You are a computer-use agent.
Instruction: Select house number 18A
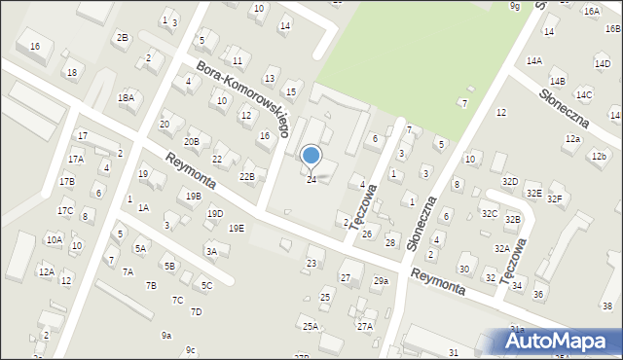126,97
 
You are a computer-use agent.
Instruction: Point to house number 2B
122,38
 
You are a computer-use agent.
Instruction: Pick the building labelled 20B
192,142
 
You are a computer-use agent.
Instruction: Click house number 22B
247,176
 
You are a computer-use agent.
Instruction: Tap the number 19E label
237,228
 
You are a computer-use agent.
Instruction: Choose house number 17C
65,210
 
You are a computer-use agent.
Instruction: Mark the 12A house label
46,271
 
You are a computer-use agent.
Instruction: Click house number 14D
603,64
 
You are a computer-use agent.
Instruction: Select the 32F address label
555,198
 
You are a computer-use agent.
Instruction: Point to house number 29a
381,281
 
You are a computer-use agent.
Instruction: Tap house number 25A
311,326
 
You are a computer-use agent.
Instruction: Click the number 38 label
605,306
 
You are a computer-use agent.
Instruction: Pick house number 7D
196,311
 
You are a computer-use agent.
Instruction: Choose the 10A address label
54,238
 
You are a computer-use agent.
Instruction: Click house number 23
311,263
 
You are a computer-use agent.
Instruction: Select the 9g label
515,6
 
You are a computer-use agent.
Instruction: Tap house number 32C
489,213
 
